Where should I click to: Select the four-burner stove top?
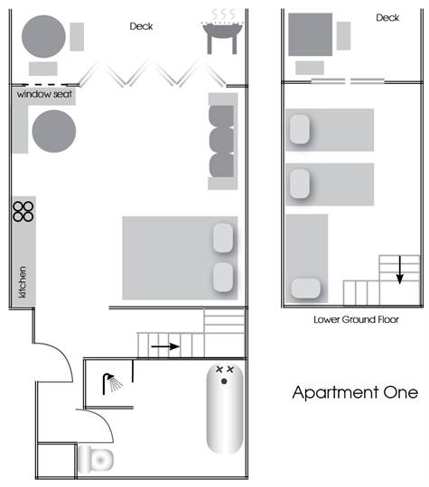point(23,211)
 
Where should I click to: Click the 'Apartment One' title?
point(355,393)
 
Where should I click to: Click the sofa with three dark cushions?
point(222,140)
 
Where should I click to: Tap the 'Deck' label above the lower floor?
point(387,17)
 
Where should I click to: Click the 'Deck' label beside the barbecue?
point(141,27)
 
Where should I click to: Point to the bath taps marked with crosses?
point(224,369)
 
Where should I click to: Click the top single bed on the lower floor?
point(330,130)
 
